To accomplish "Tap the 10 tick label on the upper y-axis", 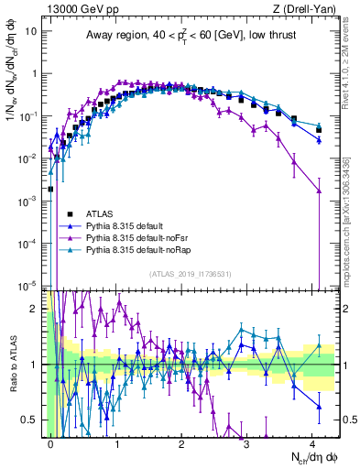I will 28,31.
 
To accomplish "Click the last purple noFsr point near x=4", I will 319,191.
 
